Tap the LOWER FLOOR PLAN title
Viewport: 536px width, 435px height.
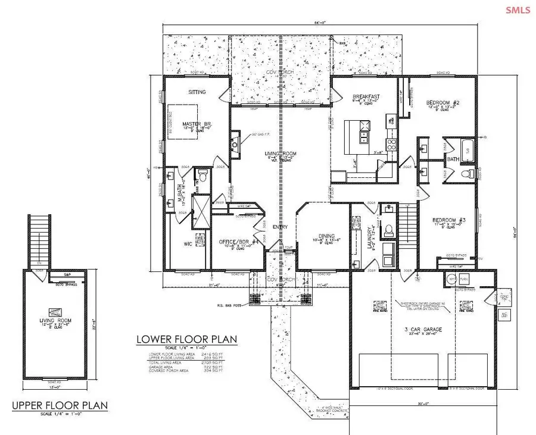pos(186,339)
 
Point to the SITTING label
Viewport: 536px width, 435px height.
pos(197,92)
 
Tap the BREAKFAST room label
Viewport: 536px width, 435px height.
pos(366,96)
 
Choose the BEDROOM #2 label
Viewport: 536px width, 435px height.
pos(441,102)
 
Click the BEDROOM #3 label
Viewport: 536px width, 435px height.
pos(448,220)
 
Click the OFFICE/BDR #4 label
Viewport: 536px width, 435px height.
pos(232,243)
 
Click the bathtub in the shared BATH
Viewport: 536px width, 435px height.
pos(466,149)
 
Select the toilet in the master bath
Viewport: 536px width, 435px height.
pos(203,176)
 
